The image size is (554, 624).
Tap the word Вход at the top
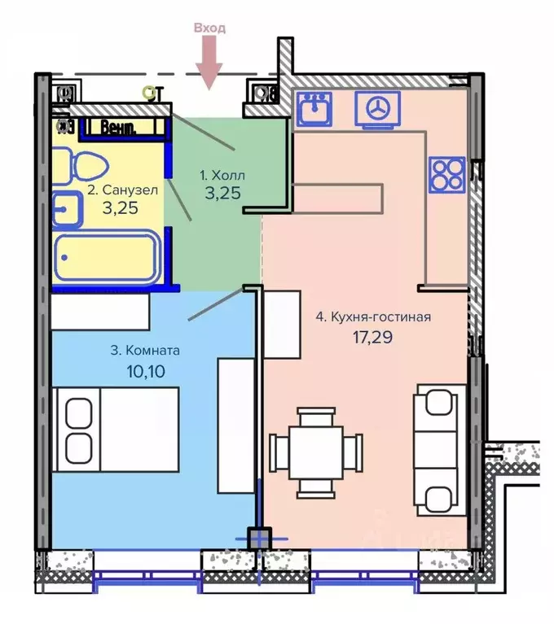209,28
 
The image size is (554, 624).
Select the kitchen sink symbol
314,107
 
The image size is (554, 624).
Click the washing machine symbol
377,110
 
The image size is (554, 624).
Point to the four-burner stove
447,175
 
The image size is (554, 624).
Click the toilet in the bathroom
80,166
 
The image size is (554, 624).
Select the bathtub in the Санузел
106,257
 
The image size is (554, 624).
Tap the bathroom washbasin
67,210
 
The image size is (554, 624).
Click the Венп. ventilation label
118,128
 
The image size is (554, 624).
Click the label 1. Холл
222,175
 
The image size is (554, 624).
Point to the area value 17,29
372,337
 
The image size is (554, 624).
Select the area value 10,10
146,371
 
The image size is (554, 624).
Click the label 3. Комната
145,351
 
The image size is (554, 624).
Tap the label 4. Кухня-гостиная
373,316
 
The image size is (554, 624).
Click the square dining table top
316,453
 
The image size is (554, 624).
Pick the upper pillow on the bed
79,413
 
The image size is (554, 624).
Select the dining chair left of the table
279,452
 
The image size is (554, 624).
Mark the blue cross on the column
259,539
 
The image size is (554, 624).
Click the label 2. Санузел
123,190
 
